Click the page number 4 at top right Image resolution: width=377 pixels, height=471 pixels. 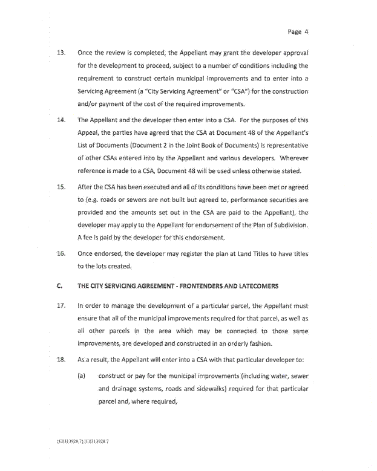(307, 32)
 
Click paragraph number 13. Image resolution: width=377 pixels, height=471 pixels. (61, 53)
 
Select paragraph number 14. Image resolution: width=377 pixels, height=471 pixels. (61, 120)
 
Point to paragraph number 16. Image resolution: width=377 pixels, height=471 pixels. (61, 254)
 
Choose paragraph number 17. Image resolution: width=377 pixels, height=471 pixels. (61, 305)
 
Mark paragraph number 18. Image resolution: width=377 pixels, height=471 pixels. (61, 360)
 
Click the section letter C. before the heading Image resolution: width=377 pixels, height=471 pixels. (60, 285)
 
